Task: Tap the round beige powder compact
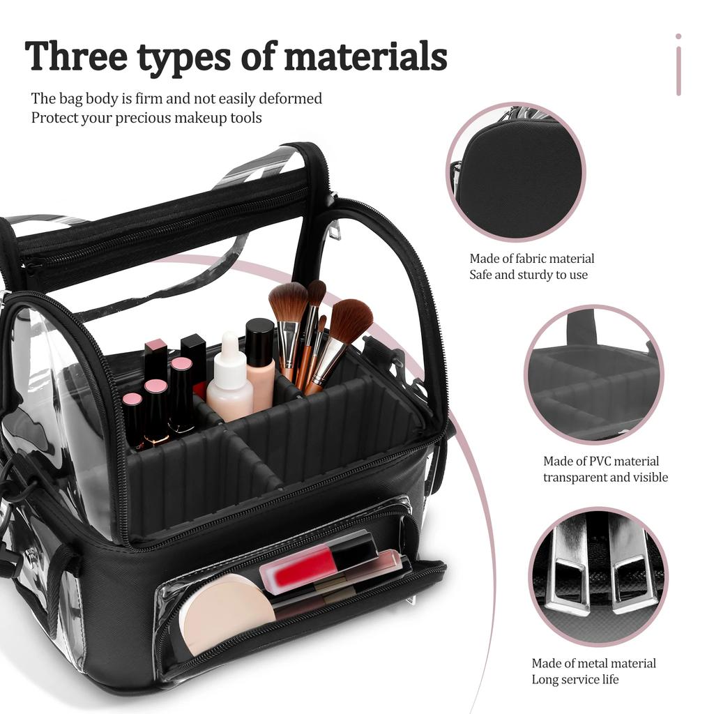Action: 226,613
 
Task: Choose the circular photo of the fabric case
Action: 516,172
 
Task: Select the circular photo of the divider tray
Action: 593,374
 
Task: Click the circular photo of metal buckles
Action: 598,576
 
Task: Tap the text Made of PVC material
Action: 601,461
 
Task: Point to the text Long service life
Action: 575,679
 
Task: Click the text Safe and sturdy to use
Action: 529,275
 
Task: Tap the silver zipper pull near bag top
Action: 335,229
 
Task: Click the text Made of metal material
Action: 593,663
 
